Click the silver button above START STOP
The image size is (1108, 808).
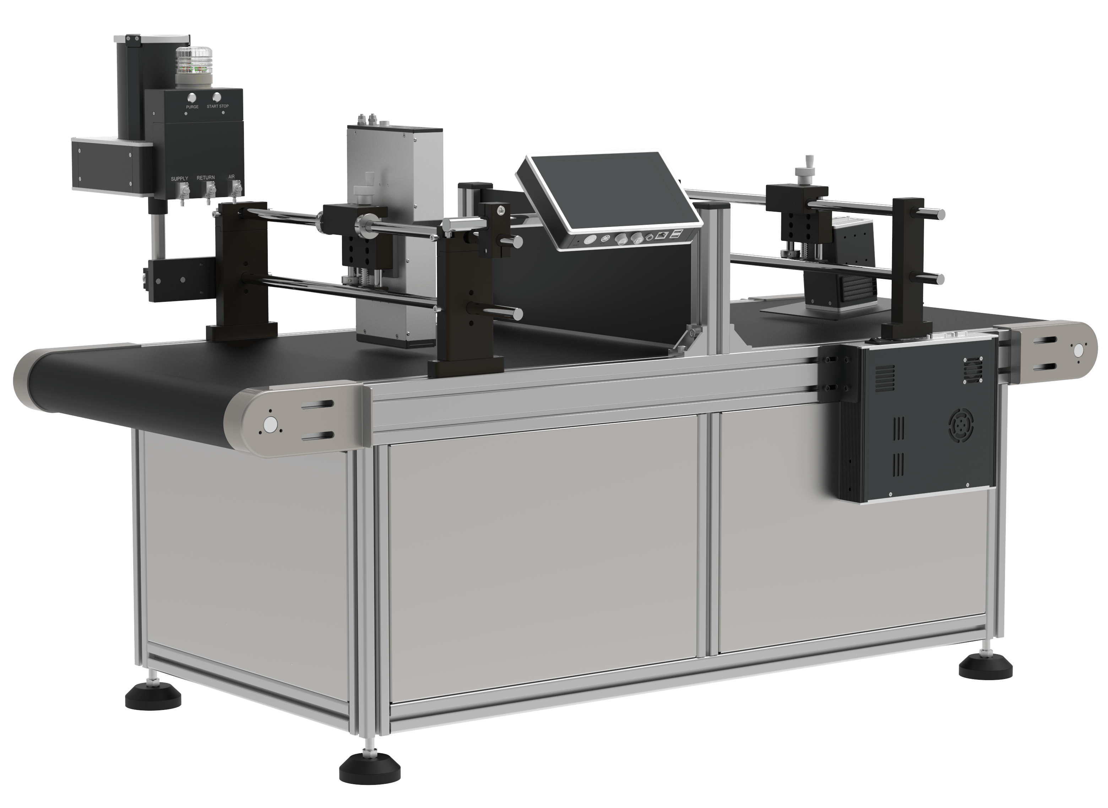217,96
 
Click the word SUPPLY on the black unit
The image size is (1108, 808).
179,179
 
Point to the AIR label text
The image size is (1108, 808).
232,177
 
